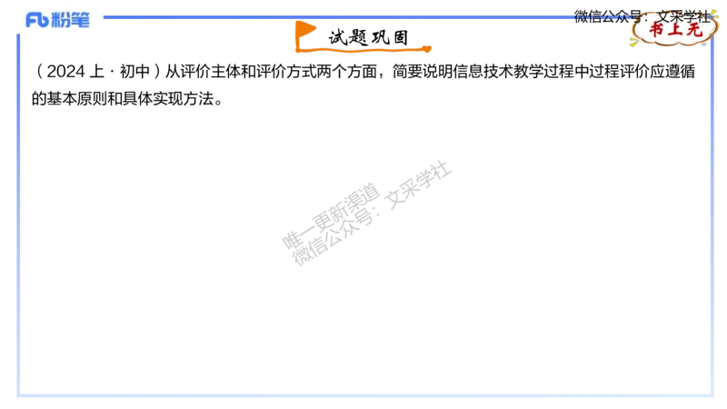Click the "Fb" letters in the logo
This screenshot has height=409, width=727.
click(x=36, y=20)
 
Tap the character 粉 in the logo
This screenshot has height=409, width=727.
click(x=62, y=20)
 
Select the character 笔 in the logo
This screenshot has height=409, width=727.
click(x=81, y=20)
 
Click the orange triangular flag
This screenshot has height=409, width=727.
click(x=305, y=30)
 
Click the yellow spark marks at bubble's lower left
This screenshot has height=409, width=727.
click(x=635, y=41)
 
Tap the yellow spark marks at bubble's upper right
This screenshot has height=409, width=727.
click(x=712, y=12)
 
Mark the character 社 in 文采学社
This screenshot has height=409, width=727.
click(x=704, y=15)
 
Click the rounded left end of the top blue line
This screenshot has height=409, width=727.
click(x=107, y=17)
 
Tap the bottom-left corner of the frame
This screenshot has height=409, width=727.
click(x=18, y=395)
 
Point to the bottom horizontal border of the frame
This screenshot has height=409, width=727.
click(x=363, y=395)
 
